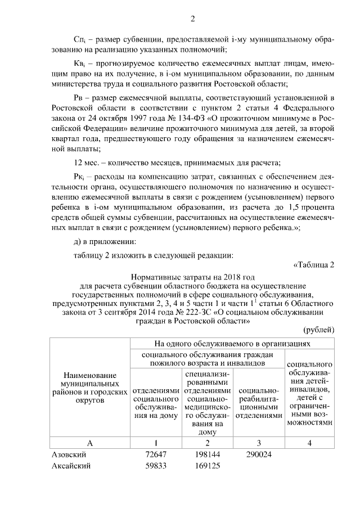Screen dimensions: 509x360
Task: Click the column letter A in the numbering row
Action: (89, 443)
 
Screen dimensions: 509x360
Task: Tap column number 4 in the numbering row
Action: (310, 443)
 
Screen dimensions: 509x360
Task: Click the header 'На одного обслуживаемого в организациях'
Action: (233, 343)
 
